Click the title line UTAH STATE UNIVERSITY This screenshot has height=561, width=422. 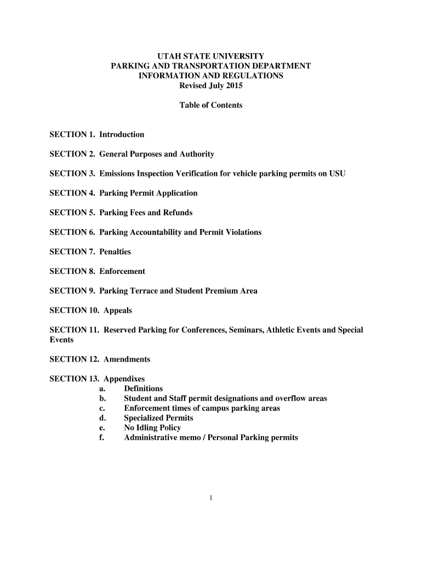tap(211, 56)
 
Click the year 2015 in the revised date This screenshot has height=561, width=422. tap(232, 86)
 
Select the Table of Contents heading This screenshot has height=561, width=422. tap(211, 105)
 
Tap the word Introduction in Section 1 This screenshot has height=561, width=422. tap(122, 135)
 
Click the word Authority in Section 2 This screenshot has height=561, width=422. tap(197, 154)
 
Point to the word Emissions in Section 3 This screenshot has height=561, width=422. tap(118, 174)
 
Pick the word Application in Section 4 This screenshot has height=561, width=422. tap(176, 193)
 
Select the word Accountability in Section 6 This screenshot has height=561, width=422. tap(155, 232)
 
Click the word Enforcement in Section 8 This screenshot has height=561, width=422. tap(122, 272)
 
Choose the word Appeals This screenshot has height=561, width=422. tap(118, 311)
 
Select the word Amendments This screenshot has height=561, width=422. tap(127, 359)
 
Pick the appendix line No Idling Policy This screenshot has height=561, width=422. tap(152, 428)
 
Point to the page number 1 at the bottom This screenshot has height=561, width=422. tap(211, 498)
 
